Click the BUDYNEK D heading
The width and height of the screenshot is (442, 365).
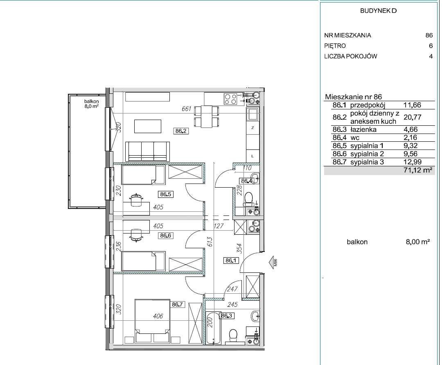coord(378,11)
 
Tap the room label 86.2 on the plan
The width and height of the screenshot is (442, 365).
coord(181,131)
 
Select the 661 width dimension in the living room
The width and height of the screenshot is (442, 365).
coord(187,109)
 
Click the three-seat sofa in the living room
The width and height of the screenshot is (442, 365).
coord(147,152)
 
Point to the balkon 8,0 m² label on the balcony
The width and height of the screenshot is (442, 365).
coord(91,104)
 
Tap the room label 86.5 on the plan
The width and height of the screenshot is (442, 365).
coord(165,194)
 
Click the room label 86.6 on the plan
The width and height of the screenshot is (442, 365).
coord(165,236)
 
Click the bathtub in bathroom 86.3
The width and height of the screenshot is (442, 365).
coord(213,328)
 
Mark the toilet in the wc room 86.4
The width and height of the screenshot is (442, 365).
coord(249,198)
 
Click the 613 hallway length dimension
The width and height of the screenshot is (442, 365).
coord(210,243)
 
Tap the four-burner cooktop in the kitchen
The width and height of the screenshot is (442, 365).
coord(230,99)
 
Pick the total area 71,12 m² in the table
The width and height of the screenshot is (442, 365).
coord(418,170)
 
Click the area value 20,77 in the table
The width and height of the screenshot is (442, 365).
coord(413,117)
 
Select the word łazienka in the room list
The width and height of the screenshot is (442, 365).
coord(363,129)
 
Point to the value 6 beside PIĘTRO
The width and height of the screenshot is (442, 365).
coord(431,46)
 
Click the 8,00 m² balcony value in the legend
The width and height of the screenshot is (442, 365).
coord(418,242)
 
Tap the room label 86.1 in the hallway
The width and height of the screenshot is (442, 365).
coord(231,261)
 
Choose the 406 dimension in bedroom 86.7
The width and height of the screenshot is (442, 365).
coord(158,316)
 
